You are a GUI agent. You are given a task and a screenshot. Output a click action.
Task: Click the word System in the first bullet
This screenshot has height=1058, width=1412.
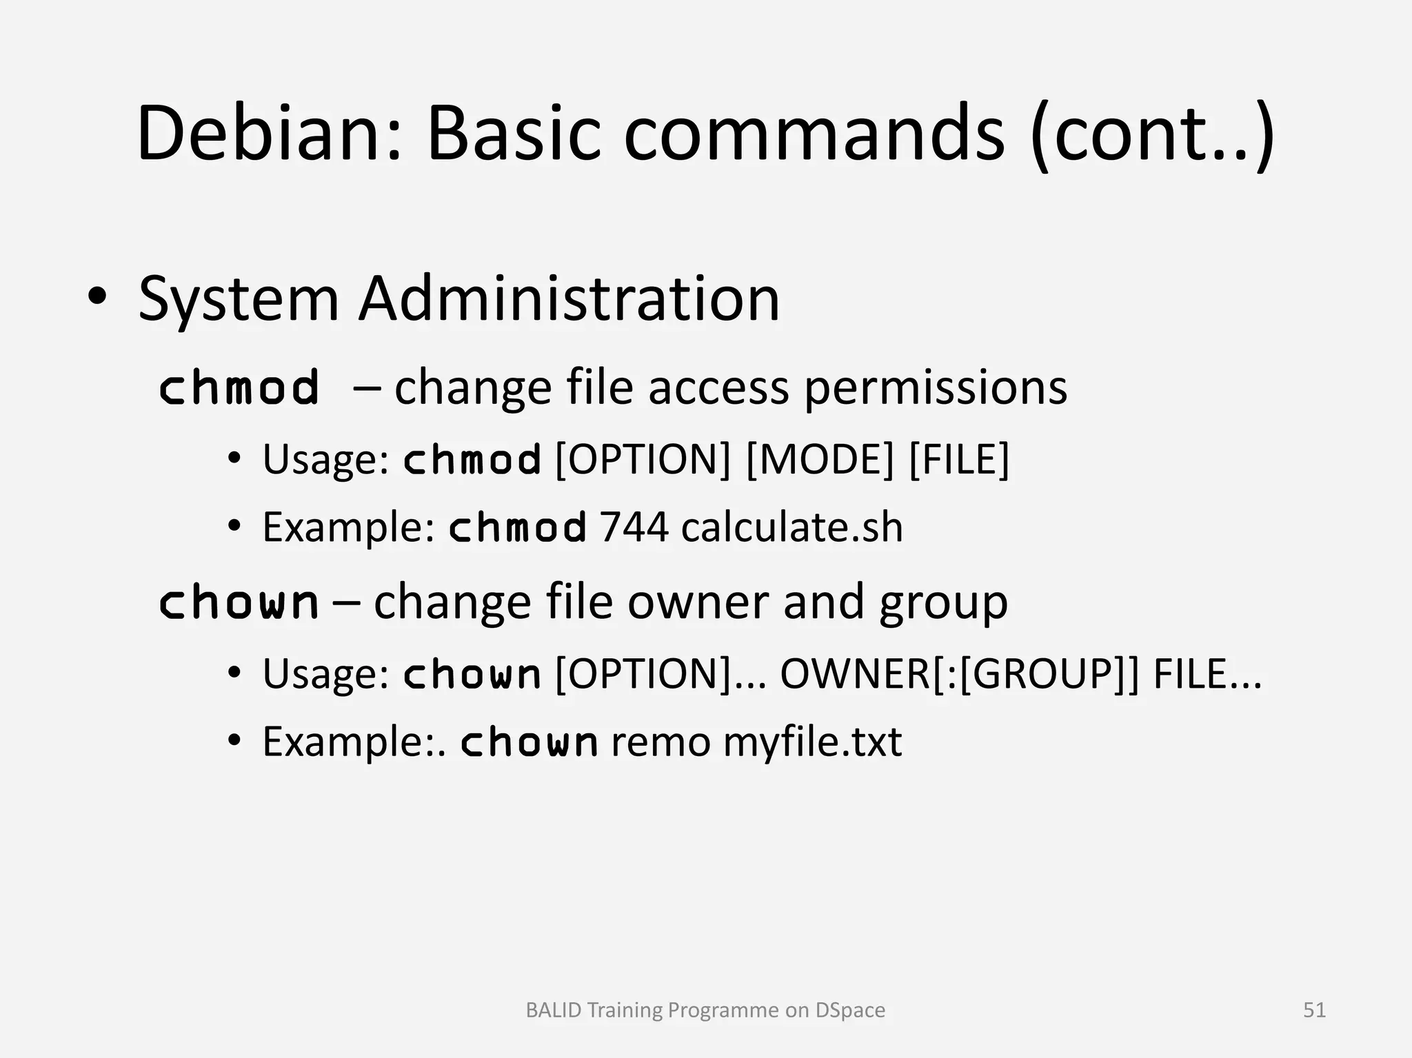pos(239,300)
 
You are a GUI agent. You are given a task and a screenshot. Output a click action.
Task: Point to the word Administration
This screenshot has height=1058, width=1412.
pos(569,298)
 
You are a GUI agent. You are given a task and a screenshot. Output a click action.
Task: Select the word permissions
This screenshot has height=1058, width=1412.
pos(936,387)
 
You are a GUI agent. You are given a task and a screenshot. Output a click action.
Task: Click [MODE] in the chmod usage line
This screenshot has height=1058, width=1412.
pos(819,459)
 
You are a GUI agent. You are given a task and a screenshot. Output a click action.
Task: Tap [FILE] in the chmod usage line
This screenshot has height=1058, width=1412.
pos(959,459)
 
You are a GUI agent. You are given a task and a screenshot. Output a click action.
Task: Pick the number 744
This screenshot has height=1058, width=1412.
pos(634,528)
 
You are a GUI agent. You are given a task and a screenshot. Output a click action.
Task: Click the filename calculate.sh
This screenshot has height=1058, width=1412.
pos(791,528)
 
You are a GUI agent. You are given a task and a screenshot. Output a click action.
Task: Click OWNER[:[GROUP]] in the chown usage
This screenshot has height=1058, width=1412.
pos(959,673)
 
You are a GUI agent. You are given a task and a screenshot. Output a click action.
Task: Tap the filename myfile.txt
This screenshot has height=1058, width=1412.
pos(811,742)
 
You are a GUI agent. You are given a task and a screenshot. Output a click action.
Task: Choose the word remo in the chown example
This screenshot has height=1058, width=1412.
pos(660,742)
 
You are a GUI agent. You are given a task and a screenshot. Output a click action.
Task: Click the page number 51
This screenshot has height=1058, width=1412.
pos(1314,1010)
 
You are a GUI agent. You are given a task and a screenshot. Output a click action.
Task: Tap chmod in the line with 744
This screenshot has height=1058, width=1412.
pos(518,528)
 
